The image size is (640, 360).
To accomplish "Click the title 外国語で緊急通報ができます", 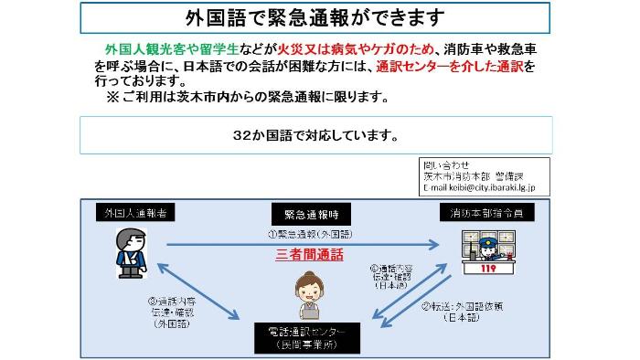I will (315, 17).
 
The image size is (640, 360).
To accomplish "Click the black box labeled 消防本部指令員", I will (487, 213).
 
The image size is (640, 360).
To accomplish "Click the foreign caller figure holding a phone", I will (129, 253).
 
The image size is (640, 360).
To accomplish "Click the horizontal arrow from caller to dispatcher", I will (302, 244).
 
